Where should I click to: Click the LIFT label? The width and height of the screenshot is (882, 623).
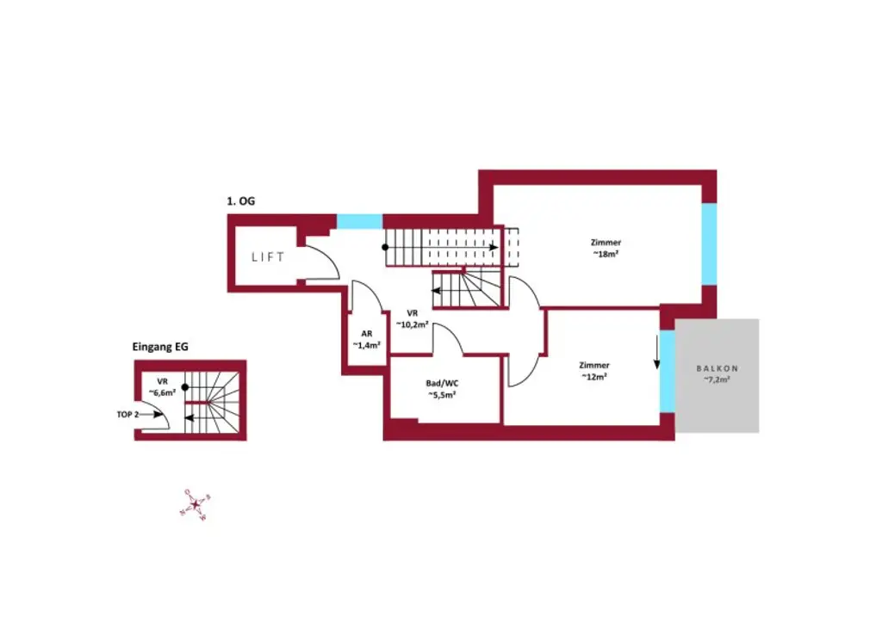pos(268,256)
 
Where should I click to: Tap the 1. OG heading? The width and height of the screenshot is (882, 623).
pos(240,201)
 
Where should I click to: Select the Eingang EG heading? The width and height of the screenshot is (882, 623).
pos(160,348)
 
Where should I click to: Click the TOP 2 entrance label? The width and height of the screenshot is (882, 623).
pos(127,414)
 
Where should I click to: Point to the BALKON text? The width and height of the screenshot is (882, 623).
pos(717,368)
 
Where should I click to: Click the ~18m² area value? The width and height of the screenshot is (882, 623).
pos(606,254)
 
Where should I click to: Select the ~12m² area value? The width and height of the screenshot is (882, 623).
pos(594,376)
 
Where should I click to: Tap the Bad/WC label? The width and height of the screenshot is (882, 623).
pos(442,383)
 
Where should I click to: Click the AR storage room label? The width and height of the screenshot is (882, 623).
pos(366,334)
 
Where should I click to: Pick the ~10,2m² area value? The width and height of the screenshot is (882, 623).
pos(413,324)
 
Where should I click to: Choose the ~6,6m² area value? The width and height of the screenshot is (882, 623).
pos(161,392)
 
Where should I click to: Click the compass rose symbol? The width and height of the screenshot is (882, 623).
pos(195,504)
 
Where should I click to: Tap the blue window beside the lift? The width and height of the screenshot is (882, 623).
pos(359,221)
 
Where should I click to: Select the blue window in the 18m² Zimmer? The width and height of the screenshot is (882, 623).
pos(709,244)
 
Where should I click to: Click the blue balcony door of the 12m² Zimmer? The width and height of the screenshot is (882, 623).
pos(667,370)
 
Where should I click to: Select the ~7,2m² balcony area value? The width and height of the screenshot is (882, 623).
pos(717,379)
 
